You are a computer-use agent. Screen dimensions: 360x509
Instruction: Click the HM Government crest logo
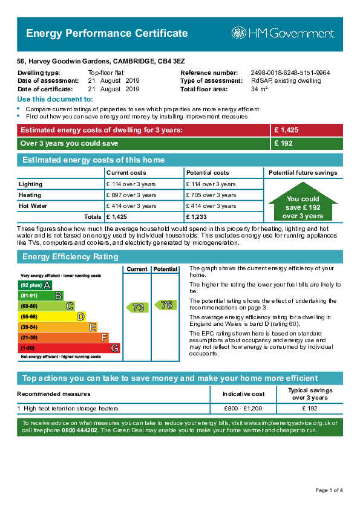tap(238, 33)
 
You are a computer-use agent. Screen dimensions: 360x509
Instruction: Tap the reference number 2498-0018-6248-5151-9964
tap(290, 73)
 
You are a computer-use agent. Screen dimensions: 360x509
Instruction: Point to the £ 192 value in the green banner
tap(283, 143)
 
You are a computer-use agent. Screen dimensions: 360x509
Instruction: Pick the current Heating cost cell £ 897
tap(131, 195)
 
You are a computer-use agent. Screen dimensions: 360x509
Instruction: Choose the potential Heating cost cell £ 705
tap(211, 195)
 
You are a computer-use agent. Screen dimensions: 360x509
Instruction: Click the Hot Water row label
tap(33, 206)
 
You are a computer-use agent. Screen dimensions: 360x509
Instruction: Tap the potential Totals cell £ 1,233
tap(196, 217)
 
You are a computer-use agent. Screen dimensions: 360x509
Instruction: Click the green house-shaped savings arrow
tap(303, 202)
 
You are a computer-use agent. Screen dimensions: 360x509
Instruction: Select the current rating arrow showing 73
tap(137, 307)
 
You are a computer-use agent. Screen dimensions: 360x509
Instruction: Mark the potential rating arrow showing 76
tap(165, 305)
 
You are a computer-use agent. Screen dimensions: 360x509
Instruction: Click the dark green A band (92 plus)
tap(34, 285)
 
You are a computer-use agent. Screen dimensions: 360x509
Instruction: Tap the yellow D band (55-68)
tap(51, 317)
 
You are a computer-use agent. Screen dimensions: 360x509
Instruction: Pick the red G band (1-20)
tap(69, 348)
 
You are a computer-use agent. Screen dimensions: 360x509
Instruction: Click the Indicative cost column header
tap(243, 394)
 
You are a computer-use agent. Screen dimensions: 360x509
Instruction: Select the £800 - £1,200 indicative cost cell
tap(243, 409)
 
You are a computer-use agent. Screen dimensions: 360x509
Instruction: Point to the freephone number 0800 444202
tap(79, 430)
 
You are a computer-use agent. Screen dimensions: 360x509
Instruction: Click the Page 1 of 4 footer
tap(329, 490)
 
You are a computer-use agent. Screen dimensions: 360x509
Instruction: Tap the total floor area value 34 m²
tap(259, 89)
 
